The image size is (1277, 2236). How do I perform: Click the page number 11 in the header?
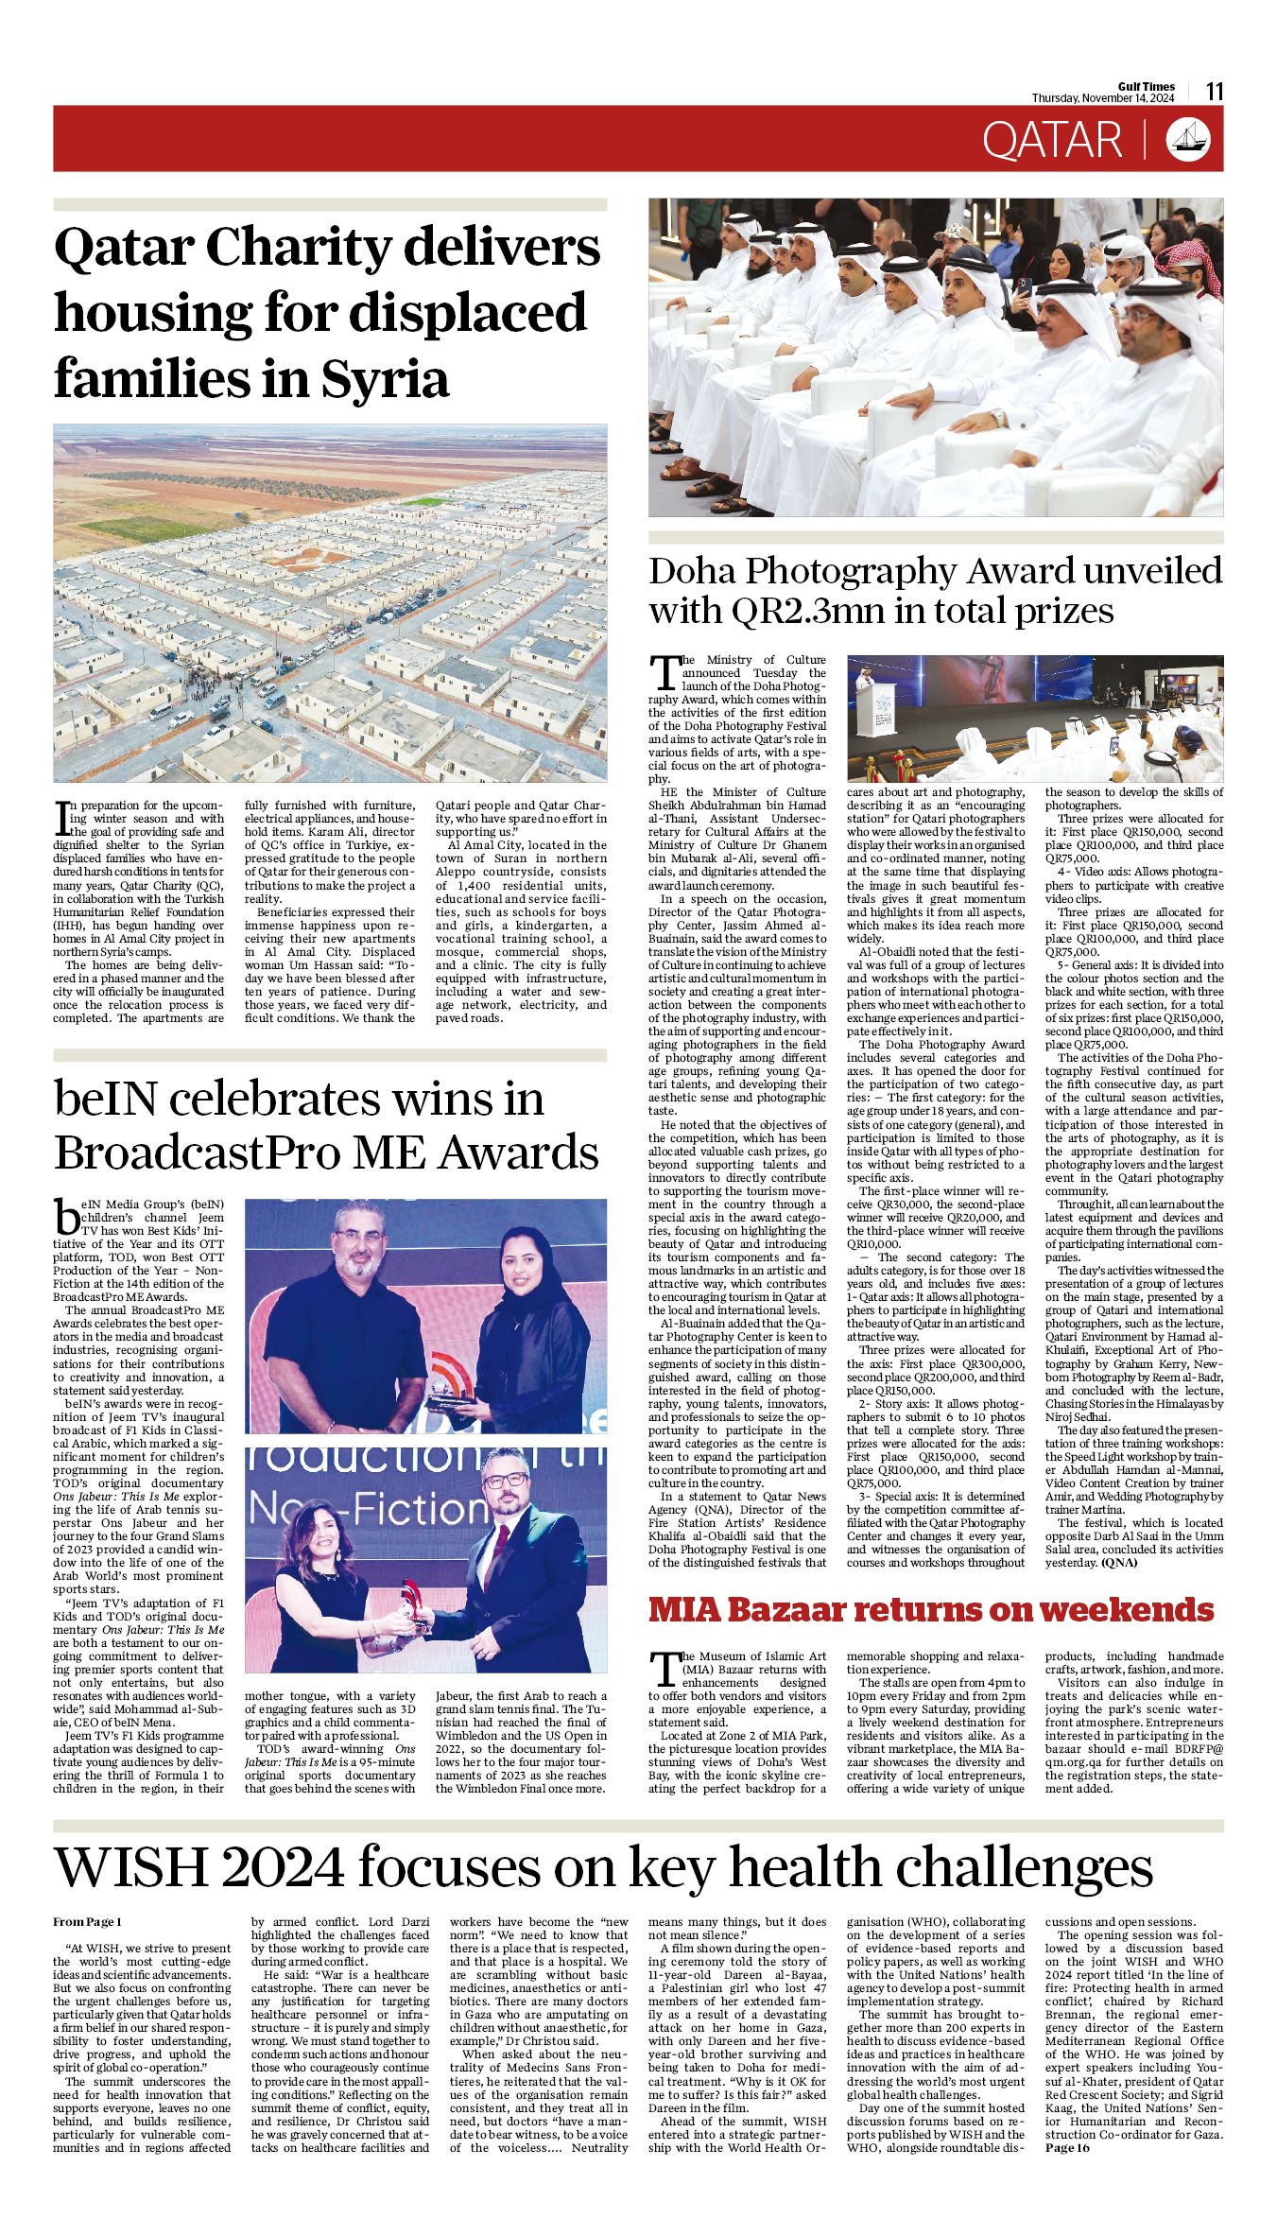pyautogui.click(x=1215, y=92)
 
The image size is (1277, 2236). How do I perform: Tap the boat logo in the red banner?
pyautogui.click(x=1188, y=139)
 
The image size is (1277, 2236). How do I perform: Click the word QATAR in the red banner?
pyautogui.click(x=1051, y=140)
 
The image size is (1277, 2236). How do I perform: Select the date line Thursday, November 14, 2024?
pyautogui.click(x=1102, y=98)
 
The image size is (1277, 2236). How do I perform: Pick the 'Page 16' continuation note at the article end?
pyautogui.click(x=1067, y=2147)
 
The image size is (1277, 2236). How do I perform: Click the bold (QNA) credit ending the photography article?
pyautogui.click(x=1119, y=1563)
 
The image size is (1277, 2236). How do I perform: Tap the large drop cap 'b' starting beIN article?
pyautogui.click(x=66, y=1215)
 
